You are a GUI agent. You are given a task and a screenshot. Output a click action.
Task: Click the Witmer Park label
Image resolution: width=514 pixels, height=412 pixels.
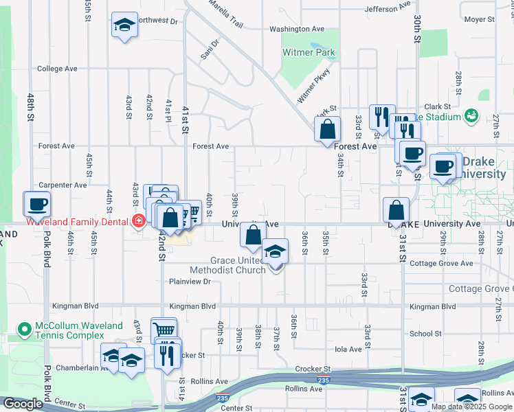[309, 52]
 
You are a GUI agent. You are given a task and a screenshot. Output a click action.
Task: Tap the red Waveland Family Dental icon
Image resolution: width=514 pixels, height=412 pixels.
[139, 220]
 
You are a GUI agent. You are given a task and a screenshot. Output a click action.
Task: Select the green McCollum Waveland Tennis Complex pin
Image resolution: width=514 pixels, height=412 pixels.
[25, 330]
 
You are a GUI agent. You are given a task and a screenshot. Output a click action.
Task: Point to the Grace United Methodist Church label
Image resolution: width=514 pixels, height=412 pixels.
[238, 265]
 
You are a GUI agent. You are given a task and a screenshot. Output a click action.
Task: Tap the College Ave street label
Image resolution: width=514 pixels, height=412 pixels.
[57, 69]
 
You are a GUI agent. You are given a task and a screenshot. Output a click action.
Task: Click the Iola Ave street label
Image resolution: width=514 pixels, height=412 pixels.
[348, 350]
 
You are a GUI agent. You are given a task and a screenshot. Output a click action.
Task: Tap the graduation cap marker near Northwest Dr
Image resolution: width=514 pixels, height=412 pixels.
[124, 26]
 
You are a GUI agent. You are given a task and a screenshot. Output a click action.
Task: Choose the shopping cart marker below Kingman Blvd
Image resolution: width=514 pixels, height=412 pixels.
[164, 330]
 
